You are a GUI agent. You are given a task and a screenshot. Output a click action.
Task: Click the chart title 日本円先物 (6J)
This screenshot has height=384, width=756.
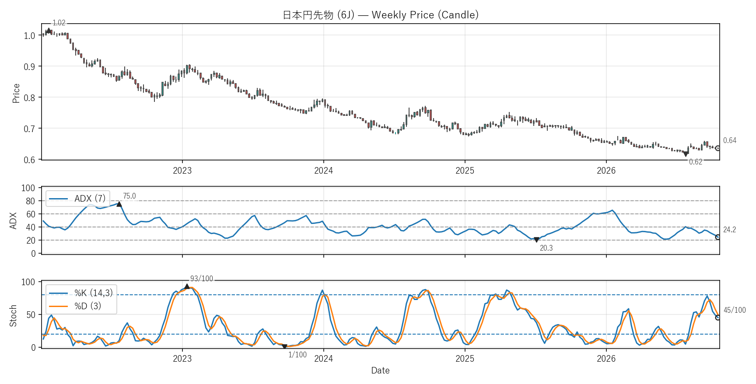pos(318,15)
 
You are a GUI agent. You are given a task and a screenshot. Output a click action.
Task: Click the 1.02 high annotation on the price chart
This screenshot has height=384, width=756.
pos(59,23)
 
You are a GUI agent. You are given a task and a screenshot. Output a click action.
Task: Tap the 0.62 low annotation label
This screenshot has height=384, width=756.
pos(696,162)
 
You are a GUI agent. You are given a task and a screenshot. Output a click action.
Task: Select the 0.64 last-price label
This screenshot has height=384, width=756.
pos(730,140)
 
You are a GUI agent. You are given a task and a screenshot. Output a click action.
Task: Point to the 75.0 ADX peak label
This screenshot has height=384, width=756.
pos(129,196)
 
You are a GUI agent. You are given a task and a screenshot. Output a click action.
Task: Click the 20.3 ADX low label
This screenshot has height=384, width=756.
pos(546,248)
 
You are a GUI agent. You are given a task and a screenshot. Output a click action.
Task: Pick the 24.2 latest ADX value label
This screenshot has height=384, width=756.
pos(730,230)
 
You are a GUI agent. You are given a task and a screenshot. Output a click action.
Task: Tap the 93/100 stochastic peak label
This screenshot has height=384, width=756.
pos(202,279)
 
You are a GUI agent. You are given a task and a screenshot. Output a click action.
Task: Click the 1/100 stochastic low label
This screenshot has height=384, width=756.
pos(297,355)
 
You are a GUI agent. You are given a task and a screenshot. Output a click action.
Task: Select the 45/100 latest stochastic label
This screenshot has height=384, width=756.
pos(735,310)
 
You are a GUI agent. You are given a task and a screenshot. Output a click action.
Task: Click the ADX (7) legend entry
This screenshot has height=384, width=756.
pos(77,199)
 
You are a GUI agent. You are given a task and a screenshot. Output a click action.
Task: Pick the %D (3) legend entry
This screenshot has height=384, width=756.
pos(75,306)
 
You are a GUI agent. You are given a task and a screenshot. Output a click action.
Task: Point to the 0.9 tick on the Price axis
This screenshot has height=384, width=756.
pos(30,67)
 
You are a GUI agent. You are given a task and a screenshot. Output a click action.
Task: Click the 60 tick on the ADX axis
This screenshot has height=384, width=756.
pos(31,214)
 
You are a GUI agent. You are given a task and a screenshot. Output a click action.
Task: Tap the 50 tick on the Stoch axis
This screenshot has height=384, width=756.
pos(31,315)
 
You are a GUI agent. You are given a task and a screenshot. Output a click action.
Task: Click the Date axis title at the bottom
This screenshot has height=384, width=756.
pos(380,370)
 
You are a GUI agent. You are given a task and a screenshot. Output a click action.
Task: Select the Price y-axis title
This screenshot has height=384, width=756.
pos(16,93)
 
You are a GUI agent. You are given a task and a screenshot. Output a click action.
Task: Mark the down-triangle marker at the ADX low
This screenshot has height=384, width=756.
pos(536,240)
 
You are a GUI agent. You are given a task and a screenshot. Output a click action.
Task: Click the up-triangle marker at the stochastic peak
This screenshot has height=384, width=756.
pos(187,286)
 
